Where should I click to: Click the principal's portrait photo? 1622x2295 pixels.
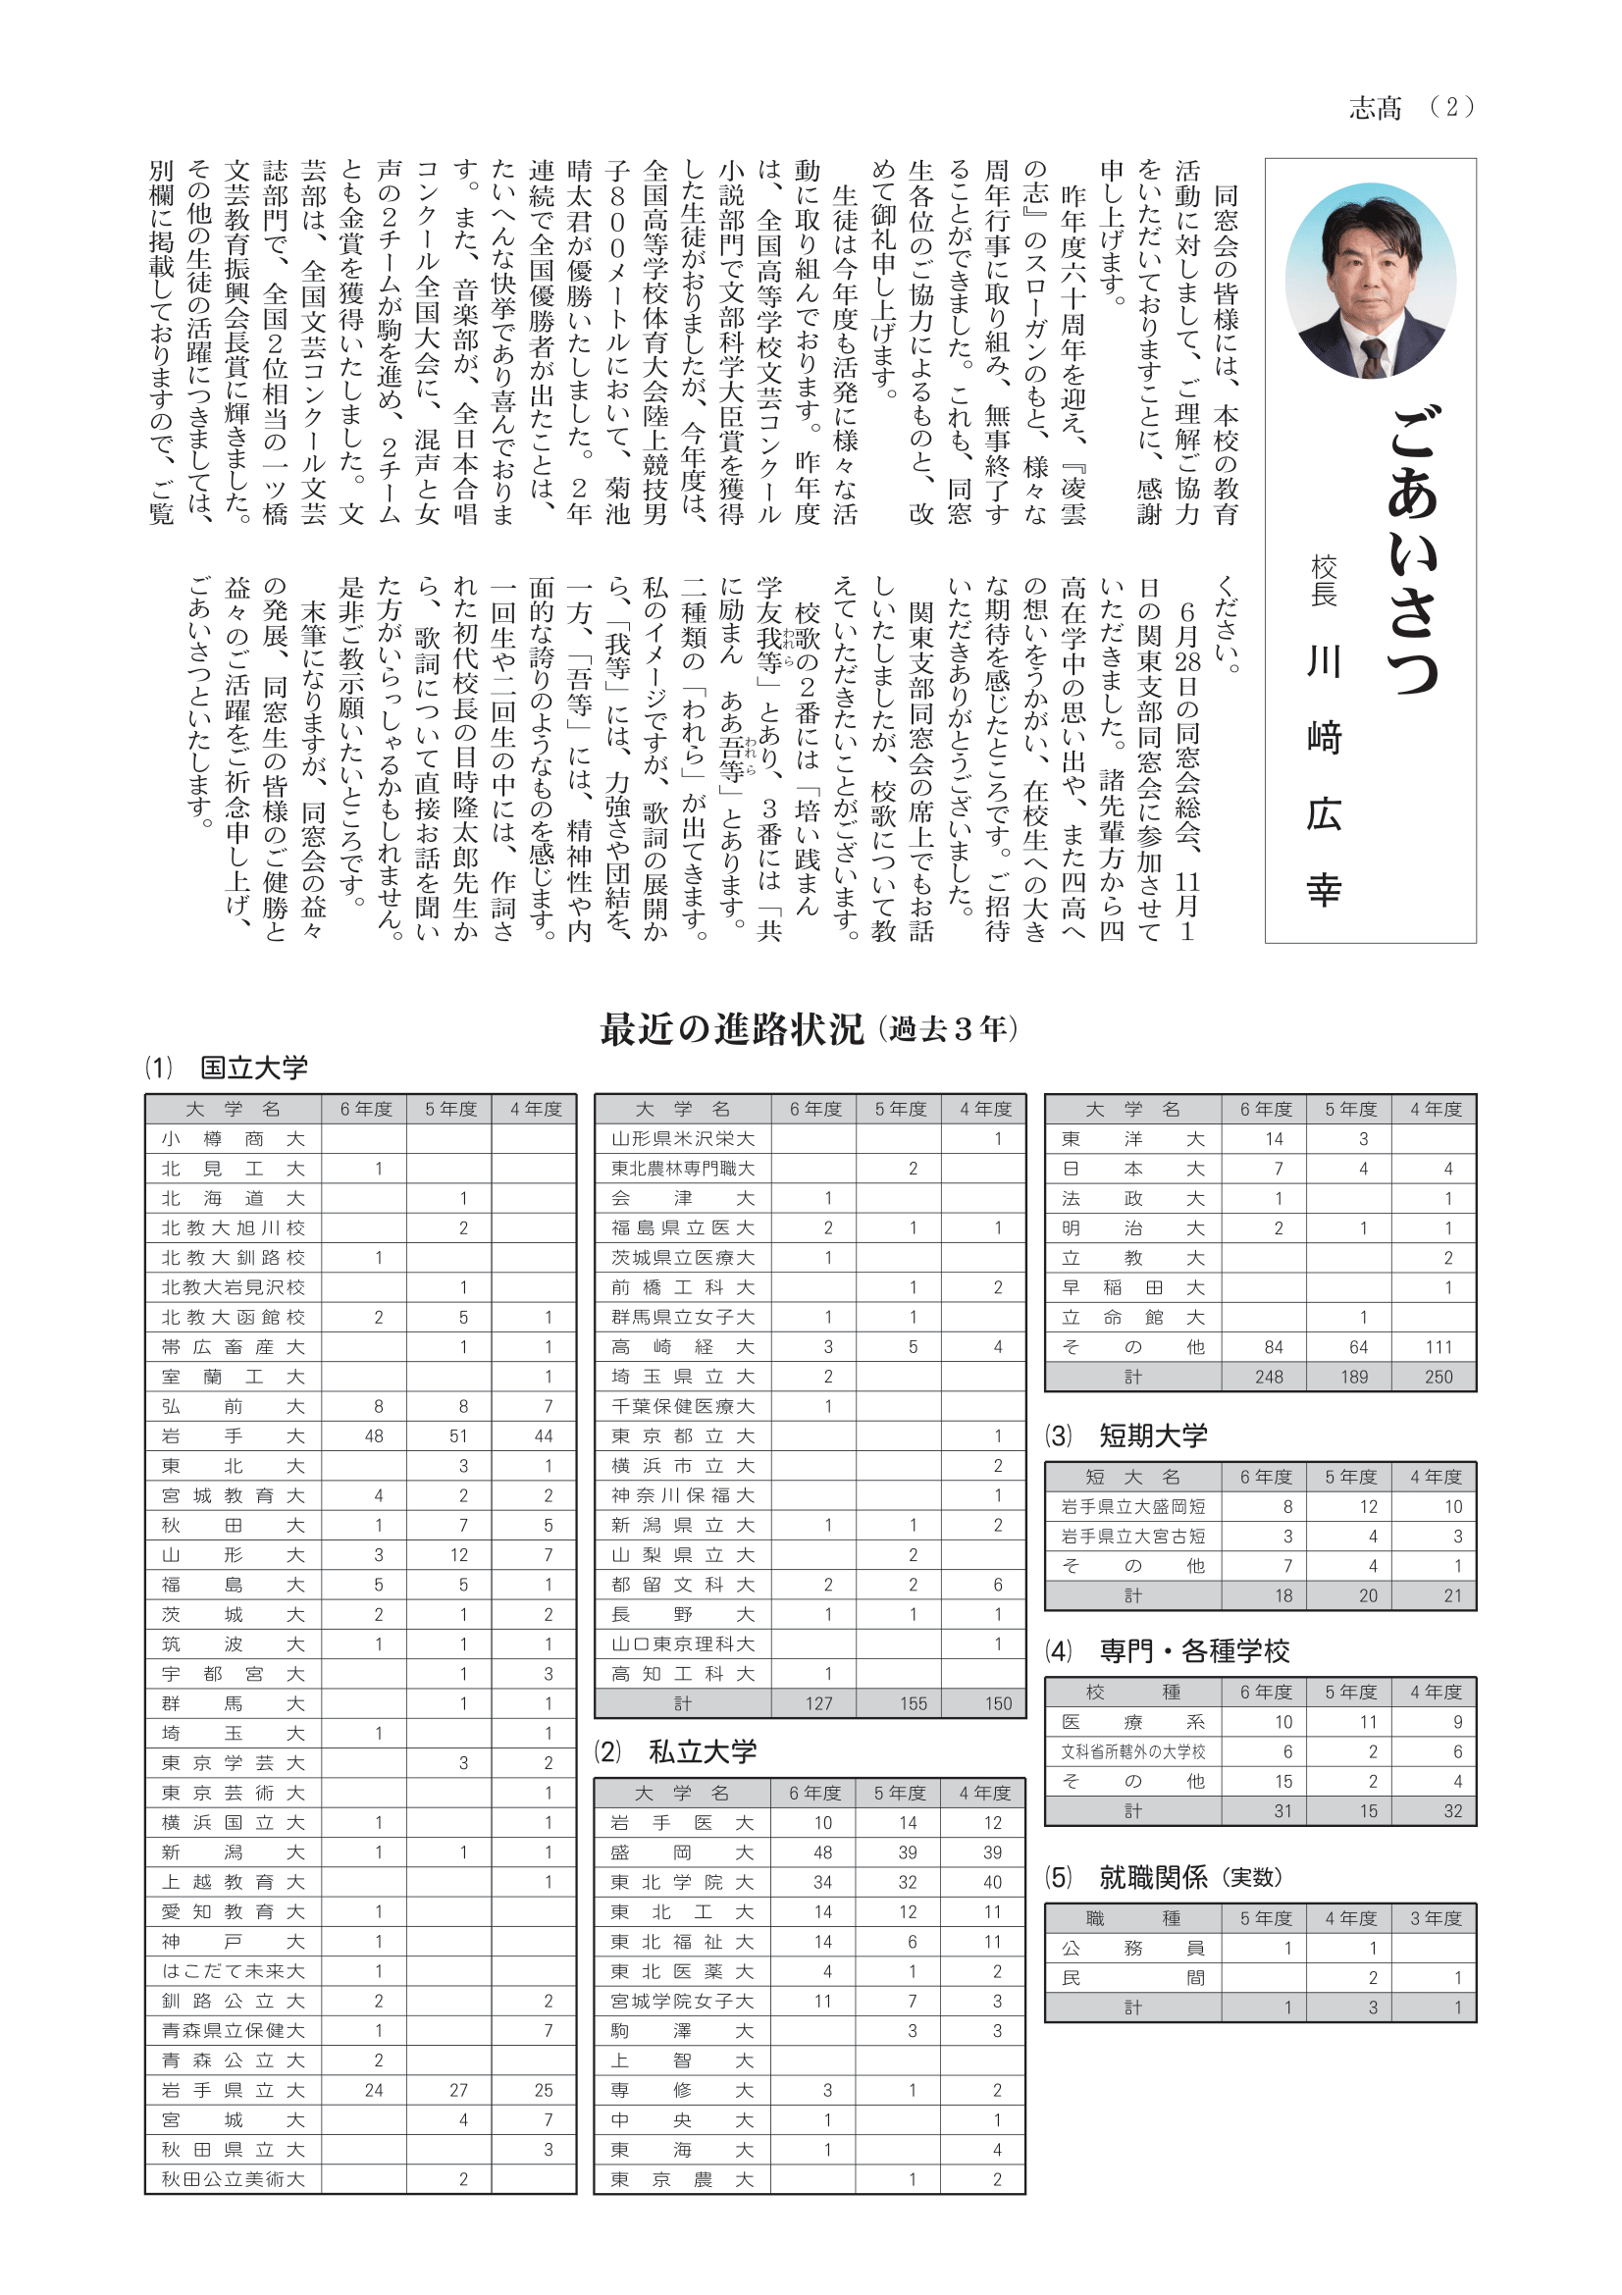pyautogui.click(x=1369, y=280)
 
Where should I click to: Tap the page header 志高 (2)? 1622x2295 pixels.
pyautogui.click(x=1410, y=108)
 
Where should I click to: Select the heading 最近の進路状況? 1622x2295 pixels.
pyautogui.click(x=732, y=1028)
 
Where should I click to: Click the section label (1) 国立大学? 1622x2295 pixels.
pyautogui.click(x=227, y=1068)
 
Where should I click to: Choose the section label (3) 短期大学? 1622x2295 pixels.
pyautogui.click(x=1126, y=1436)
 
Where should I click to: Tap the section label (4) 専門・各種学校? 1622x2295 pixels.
pyautogui.click(x=1168, y=1651)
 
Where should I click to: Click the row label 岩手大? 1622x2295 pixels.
pyautogui.click(x=233, y=1436)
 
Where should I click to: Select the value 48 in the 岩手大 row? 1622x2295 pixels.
pyautogui.click(x=374, y=1436)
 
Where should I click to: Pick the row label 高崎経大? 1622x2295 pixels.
pyautogui.click(x=683, y=1347)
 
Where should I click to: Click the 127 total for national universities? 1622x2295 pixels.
pyautogui.click(x=818, y=1703)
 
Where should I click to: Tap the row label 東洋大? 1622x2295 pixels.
pyautogui.click(x=1132, y=1138)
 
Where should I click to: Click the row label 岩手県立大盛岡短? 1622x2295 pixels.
pyautogui.click(x=1132, y=1506)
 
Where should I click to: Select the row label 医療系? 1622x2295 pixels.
pyautogui.click(x=1132, y=1722)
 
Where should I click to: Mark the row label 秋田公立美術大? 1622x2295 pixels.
pyautogui.click(x=233, y=2179)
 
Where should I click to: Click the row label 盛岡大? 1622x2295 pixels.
pyautogui.click(x=683, y=1852)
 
